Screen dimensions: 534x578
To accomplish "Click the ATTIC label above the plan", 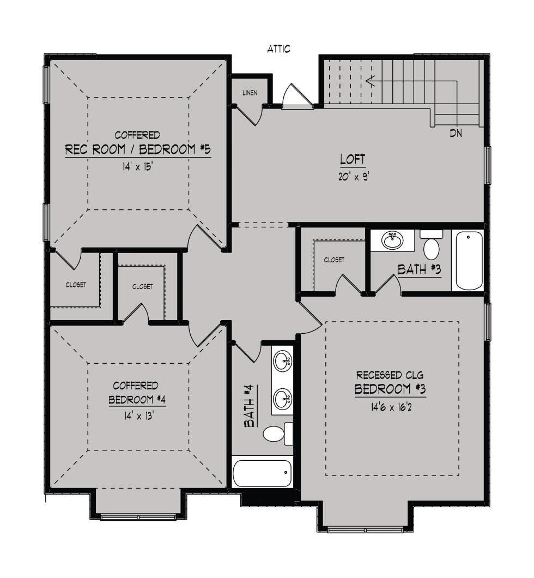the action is [x=279, y=49].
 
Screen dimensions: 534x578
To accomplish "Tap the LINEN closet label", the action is [x=250, y=93].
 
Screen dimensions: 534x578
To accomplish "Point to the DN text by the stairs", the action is [x=456, y=133].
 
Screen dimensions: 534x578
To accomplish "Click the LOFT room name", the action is [x=353, y=160].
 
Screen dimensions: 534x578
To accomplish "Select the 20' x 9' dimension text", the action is [x=354, y=177].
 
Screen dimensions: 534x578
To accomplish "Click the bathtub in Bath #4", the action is [x=262, y=473].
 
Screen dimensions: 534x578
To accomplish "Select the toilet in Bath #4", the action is [x=278, y=434].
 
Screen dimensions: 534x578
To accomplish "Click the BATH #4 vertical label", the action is [x=250, y=406].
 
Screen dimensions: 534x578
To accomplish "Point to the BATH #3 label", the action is [x=419, y=269].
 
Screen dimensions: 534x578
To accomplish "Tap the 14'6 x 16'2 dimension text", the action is [x=391, y=407].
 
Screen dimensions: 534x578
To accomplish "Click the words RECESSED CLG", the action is [x=390, y=375].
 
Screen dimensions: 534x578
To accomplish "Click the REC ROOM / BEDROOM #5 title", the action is [x=138, y=149].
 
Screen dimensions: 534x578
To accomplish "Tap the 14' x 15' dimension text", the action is [x=138, y=167].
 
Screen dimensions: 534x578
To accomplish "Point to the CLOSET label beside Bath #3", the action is [x=334, y=260].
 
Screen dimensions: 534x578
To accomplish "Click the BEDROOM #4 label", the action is [x=137, y=400].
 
